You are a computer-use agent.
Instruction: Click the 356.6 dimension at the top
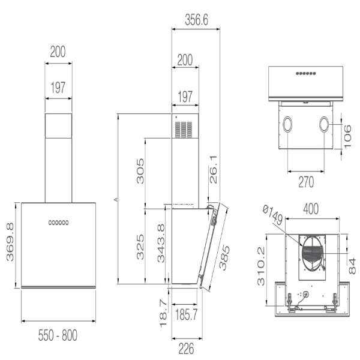[x=197, y=20]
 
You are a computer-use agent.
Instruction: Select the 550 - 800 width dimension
[x=58, y=335]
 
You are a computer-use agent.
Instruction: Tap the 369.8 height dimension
[x=10, y=242]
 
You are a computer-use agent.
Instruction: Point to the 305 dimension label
[x=140, y=171]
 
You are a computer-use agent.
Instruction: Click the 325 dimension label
[x=140, y=247]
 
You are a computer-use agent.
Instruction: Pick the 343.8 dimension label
[x=161, y=244]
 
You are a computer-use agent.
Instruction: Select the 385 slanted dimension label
[x=224, y=257]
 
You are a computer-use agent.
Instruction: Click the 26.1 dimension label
[x=213, y=170]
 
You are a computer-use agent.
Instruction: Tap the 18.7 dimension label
[x=163, y=313]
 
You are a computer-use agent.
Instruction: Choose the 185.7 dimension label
[x=186, y=314]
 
